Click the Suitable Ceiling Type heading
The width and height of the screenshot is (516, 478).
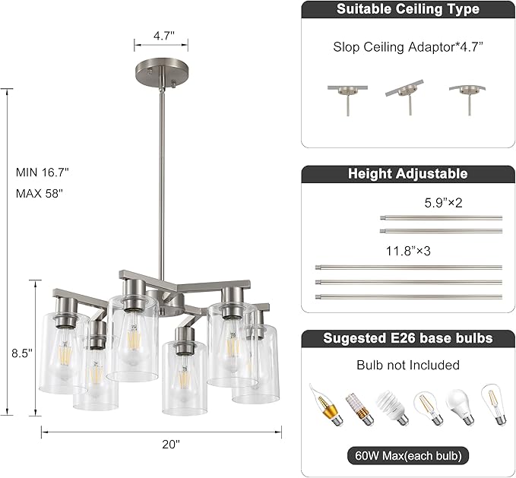pyautogui.click(x=407, y=10)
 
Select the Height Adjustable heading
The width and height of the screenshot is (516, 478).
pyautogui.click(x=407, y=174)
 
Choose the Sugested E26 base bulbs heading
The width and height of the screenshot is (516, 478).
pyautogui.click(x=407, y=338)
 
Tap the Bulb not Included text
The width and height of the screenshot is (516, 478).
pyautogui.click(x=408, y=366)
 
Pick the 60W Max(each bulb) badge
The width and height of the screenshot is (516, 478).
pyautogui.click(x=408, y=456)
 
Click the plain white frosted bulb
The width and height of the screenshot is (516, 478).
pyautogui.click(x=459, y=402)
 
